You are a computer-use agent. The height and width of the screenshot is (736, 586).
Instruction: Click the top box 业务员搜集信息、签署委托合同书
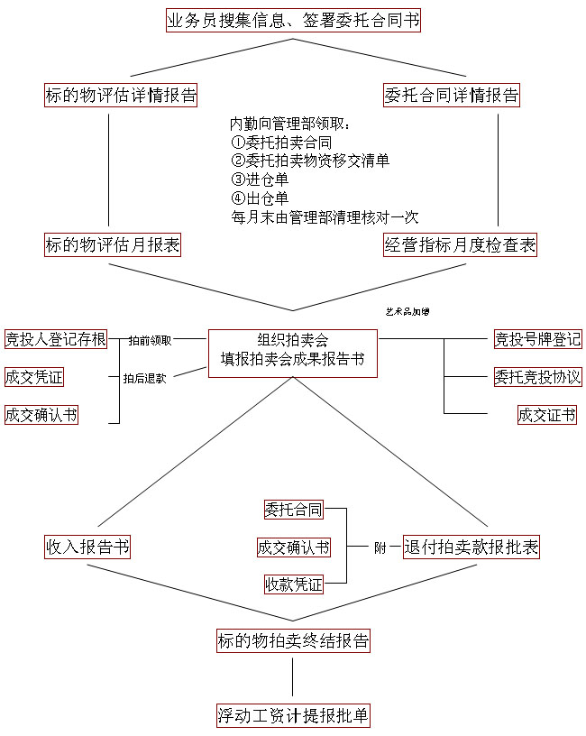point(293,20)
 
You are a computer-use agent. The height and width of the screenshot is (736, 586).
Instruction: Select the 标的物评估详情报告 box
point(121,95)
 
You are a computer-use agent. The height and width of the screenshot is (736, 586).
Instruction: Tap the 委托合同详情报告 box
point(451,95)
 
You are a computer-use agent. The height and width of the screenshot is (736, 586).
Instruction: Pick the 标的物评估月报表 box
point(112,244)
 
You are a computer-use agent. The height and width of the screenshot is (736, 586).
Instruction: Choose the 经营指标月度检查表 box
point(460,244)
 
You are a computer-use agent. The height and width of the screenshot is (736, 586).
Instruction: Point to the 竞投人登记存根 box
point(56,339)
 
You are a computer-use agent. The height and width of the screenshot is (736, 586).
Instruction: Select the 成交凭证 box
point(34,377)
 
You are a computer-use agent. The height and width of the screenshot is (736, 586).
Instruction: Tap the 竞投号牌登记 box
point(537,339)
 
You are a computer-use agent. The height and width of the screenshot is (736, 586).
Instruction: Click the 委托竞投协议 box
point(537,377)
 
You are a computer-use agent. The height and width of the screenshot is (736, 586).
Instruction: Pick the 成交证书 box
point(546,415)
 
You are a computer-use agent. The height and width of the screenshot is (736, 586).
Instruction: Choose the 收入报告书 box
point(87,547)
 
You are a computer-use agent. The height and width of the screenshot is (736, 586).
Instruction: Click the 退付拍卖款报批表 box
point(471,547)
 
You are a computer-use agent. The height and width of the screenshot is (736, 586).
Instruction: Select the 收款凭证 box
point(293,584)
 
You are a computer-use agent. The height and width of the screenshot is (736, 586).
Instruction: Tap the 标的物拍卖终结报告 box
point(293,641)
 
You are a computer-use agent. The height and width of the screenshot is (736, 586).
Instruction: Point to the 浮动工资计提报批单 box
point(293,716)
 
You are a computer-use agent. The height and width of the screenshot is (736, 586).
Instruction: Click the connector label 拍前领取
point(150,340)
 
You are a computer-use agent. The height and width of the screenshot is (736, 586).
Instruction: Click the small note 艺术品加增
point(407,312)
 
